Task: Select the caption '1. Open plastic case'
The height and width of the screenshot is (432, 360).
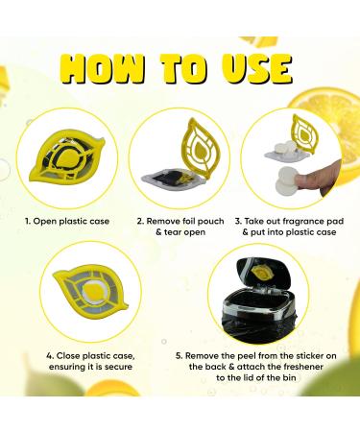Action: coord(65,220)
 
